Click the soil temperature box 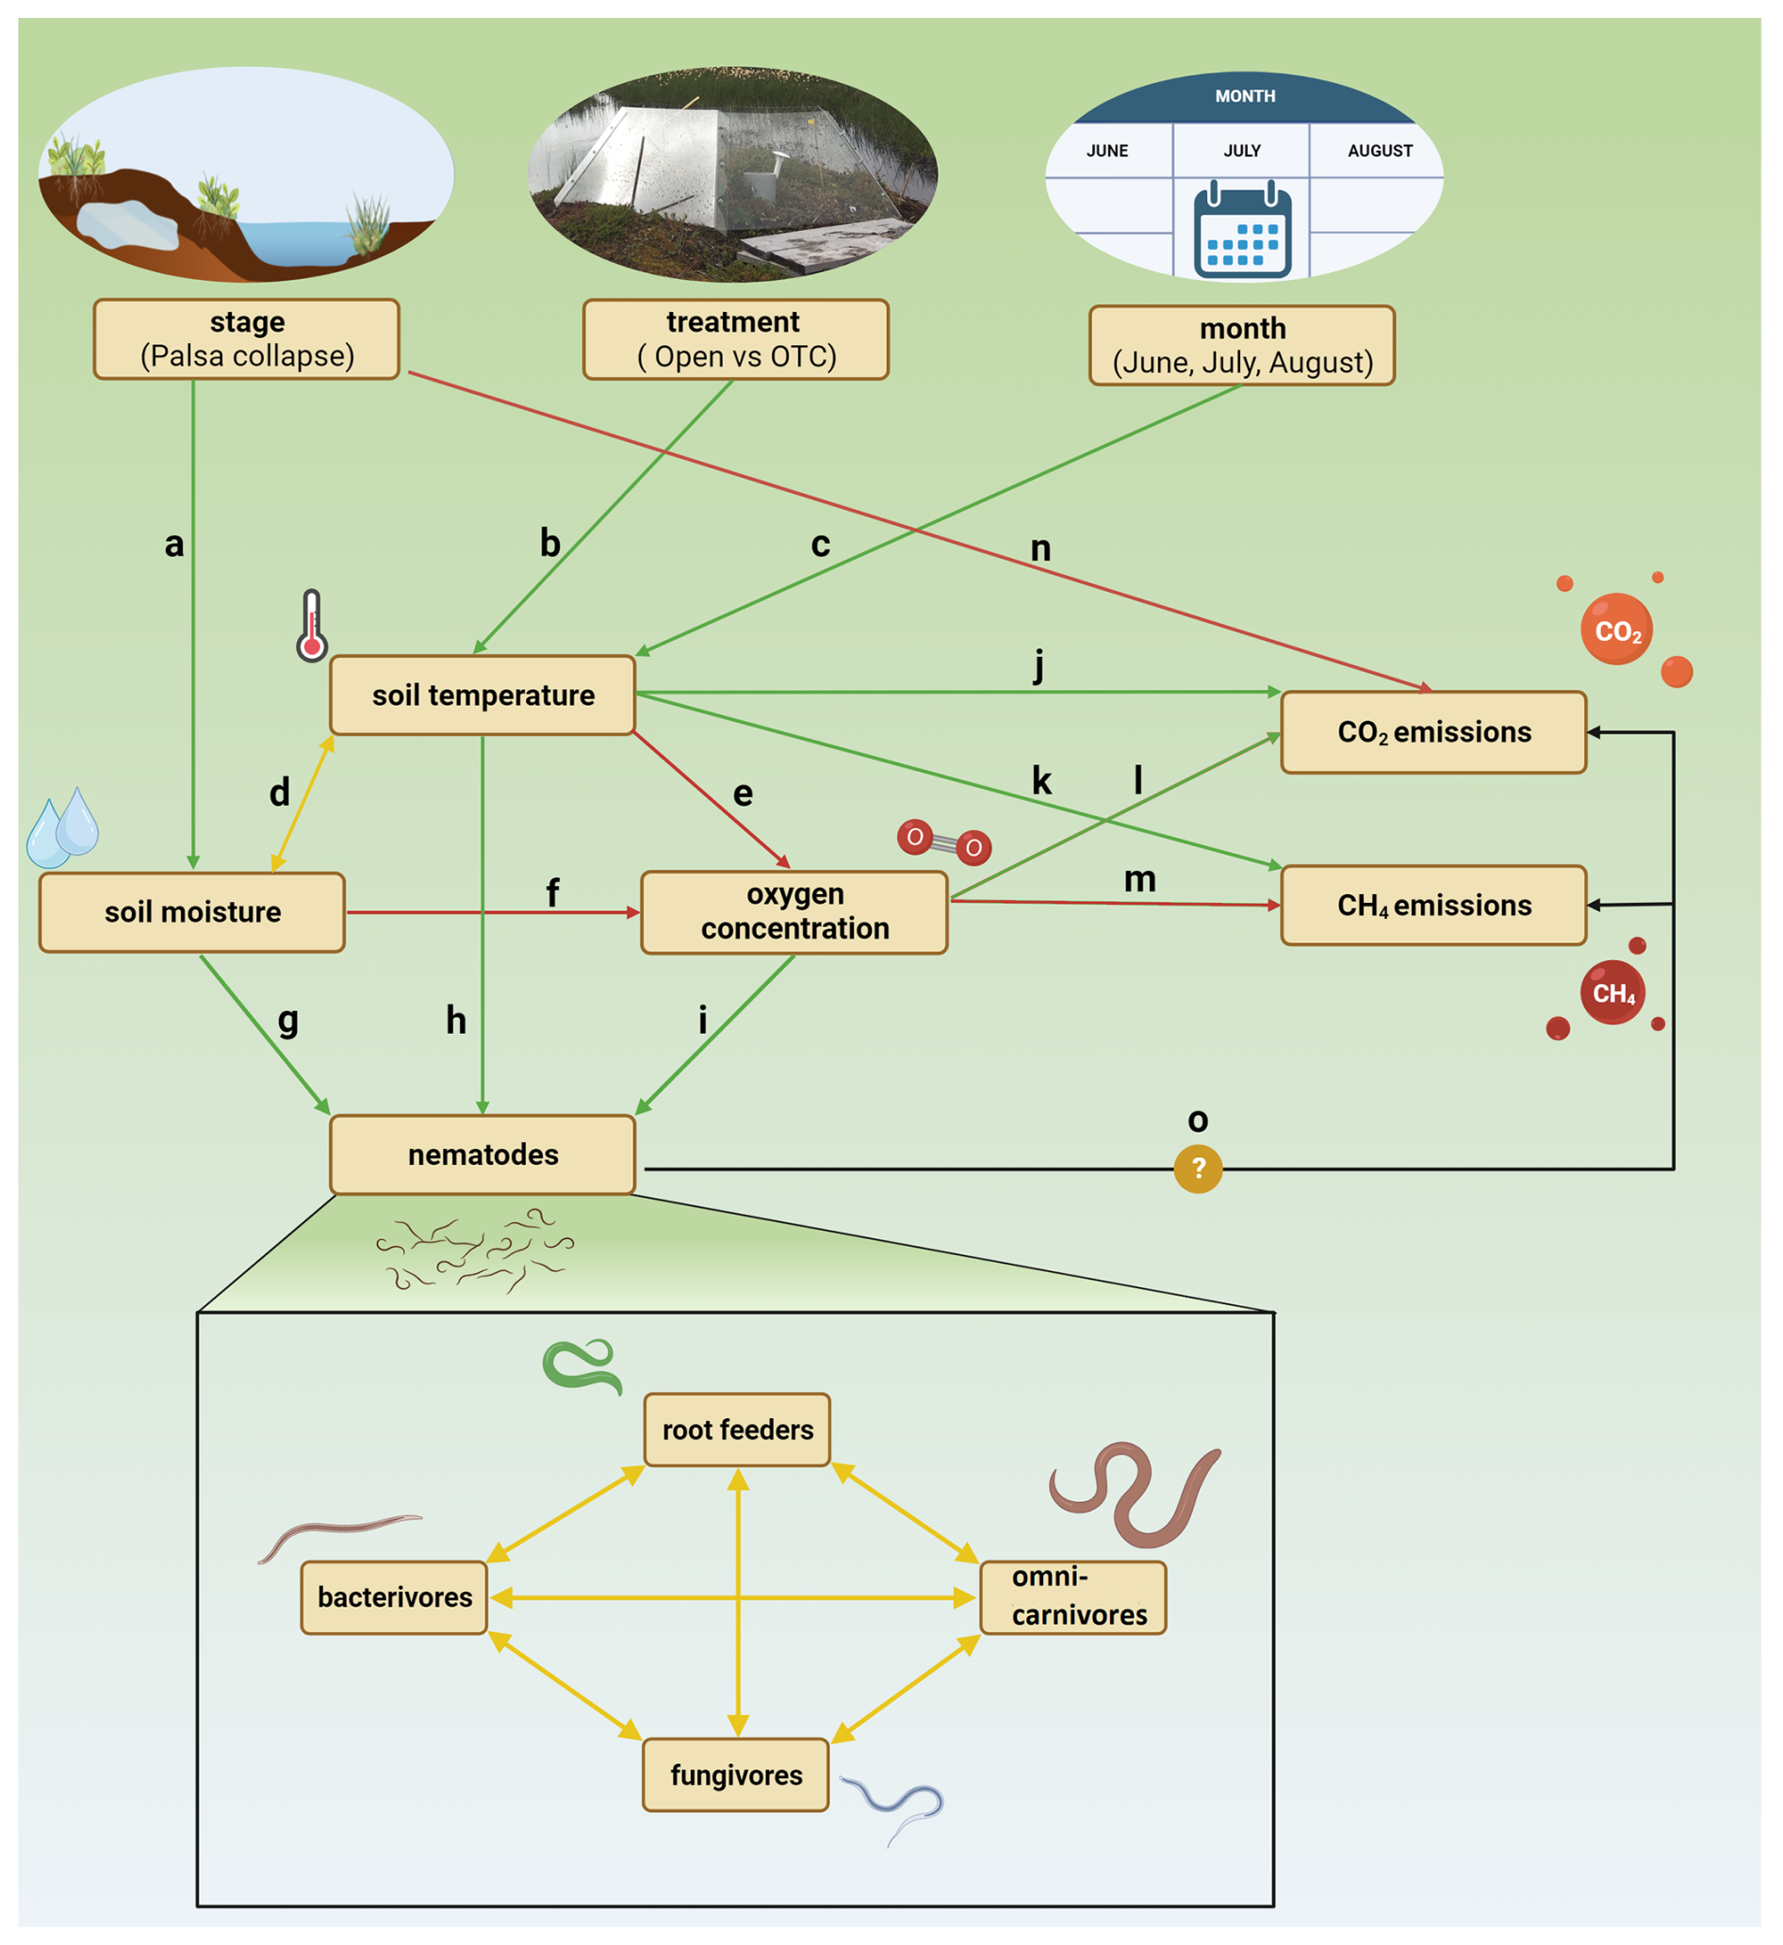coord(483,695)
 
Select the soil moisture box coord(192,913)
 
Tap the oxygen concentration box coord(794,913)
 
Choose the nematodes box coord(483,1155)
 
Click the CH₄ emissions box coord(1433,906)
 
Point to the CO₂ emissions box coord(1433,732)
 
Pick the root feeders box coord(737,1430)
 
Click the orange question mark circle coord(1199,1169)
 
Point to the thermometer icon coord(312,626)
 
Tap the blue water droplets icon coord(63,827)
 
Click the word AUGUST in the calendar coord(1380,152)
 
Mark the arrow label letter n coord(1040,549)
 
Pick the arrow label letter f coord(553,893)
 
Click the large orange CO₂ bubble coord(1617,630)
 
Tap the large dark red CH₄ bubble coord(1613,993)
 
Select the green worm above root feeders coord(582,1365)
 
